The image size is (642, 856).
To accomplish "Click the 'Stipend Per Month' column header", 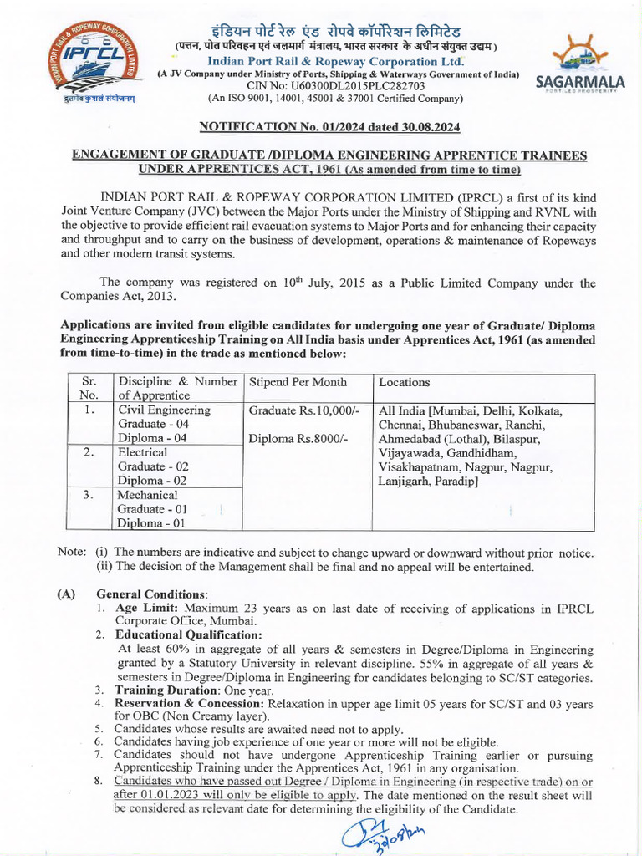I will pyautogui.click(x=294, y=382).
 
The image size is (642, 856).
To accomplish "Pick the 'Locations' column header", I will pyautogui.click(x=405, y=382).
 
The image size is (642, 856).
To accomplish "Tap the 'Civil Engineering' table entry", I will pyautogui.click(x=164, y=410).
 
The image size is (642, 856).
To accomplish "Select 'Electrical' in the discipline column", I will pyautogui.click(x=145, y=452).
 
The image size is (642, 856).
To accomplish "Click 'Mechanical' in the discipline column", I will pyautogui.click(x=150, y=494).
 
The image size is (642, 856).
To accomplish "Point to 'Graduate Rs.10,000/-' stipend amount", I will pyautogui.click(x=304, y=410).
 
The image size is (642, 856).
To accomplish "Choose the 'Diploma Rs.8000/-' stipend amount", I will pyautogui.click(x=296, y=438).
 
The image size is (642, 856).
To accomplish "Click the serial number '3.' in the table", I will pyautogui.click(x=89, y=494).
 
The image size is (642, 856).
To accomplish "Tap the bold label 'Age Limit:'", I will pyautogui.click(x=145, y=609).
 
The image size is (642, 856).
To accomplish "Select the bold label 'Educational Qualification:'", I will pyautogui.click(x=188, y=635).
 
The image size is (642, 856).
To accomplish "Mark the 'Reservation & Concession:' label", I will pyautogui.click(x=190, y=703).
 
